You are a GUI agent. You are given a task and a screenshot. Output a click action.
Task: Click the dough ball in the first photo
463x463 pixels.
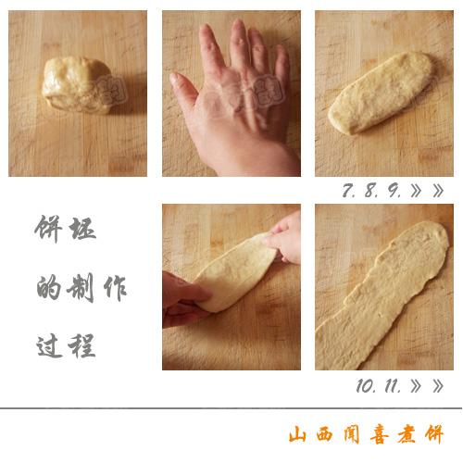(77, 85)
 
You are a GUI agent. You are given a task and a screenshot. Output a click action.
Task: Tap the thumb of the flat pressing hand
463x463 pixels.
(185, 91)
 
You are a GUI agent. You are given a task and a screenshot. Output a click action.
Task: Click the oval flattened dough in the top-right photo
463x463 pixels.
(382, 93)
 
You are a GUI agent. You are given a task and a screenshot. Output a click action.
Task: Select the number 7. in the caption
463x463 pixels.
(349, 191)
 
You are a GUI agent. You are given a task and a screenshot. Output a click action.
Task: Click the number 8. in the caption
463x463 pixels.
(372, 191)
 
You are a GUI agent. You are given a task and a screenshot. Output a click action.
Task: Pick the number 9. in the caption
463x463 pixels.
(394, 191)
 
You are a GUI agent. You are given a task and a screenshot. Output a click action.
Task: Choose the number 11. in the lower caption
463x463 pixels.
(393, 386)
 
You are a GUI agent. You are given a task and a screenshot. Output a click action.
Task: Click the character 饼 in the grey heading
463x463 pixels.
(48, 229)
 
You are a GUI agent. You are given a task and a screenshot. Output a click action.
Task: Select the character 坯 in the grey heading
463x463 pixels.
(81, 229)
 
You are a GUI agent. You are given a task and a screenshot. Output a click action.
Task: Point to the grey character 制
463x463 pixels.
(81, 289)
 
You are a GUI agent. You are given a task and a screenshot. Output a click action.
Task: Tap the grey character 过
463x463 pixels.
(49, 346)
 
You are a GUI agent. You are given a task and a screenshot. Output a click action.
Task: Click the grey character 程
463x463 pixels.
(81, 345)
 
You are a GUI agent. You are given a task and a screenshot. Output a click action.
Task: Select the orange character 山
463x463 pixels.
(298, 434)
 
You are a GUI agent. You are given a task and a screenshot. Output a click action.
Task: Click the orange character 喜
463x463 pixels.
(380, 434)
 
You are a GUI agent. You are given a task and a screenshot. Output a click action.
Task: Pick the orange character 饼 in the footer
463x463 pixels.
(434, 434)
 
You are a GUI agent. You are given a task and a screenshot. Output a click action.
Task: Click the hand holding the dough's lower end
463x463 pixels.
(185, 298)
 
